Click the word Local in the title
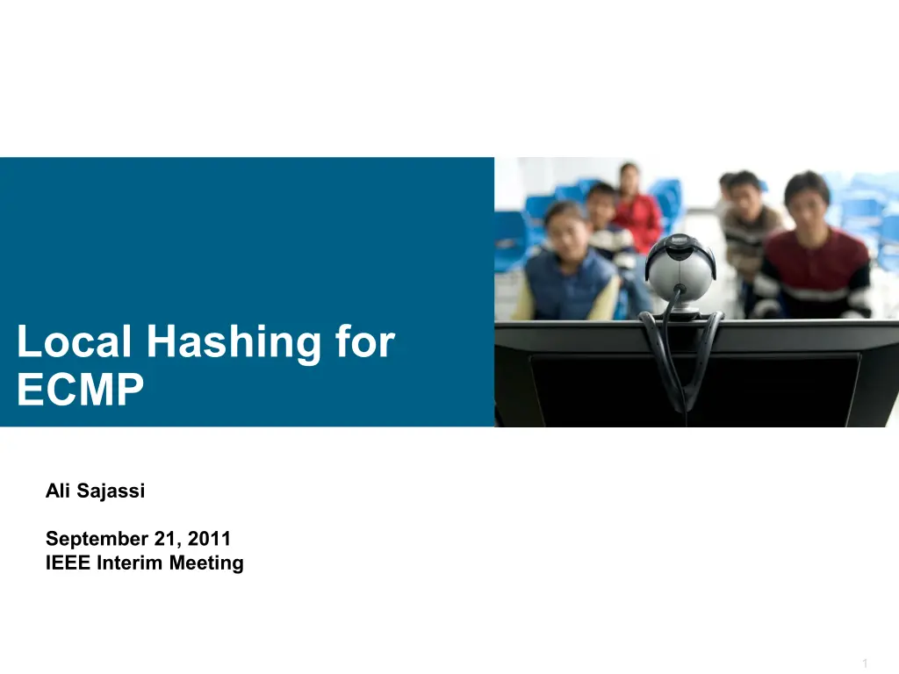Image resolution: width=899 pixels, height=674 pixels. (x=74, y=342)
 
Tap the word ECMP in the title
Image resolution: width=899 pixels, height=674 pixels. (x=80, y=391)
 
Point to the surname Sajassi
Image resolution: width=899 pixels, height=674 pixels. (x=111, y=491)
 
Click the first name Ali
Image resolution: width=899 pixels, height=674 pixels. (x=58, y=491)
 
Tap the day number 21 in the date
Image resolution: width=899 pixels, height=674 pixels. (x=168, y=538)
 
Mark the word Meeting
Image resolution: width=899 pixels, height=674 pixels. (x=206, y=563)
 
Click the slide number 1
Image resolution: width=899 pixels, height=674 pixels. (x=865, y=663)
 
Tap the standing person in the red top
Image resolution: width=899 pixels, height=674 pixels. (x=636, y=211)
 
